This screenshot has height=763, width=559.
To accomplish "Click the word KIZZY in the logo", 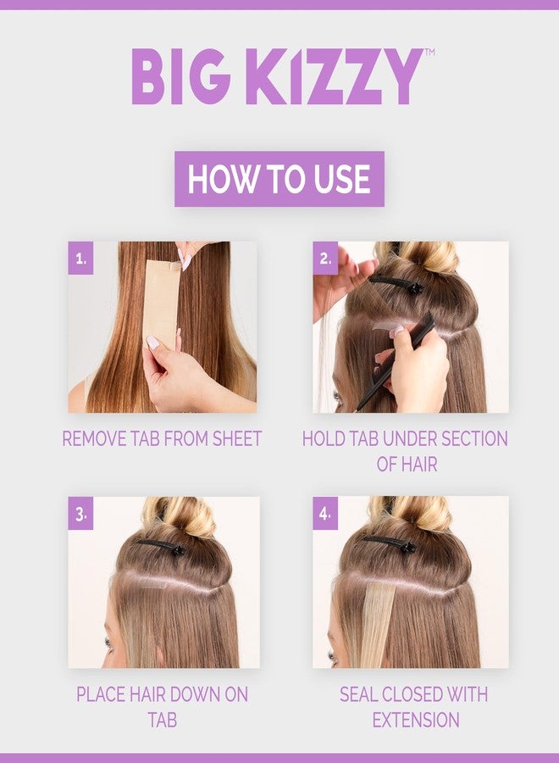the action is [334, 76].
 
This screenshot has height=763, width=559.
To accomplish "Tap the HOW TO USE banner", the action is [279, 179].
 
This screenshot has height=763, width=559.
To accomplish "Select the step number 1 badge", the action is [80, 259].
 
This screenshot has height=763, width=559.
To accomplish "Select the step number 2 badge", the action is [325, 259].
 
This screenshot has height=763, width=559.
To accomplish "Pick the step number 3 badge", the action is [80, 514].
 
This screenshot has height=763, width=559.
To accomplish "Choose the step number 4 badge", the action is [325, 514].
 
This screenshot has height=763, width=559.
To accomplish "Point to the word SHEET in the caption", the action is [239, 439].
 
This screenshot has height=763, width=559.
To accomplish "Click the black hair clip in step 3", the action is [162, 547].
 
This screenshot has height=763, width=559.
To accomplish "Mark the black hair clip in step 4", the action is [390, 543].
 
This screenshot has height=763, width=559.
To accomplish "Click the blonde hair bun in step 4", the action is [411, 514].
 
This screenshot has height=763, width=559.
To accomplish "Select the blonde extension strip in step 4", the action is [379, 626].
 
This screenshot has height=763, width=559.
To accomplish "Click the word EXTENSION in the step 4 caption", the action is [416, 720].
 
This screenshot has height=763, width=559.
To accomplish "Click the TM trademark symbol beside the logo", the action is [429, 52].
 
